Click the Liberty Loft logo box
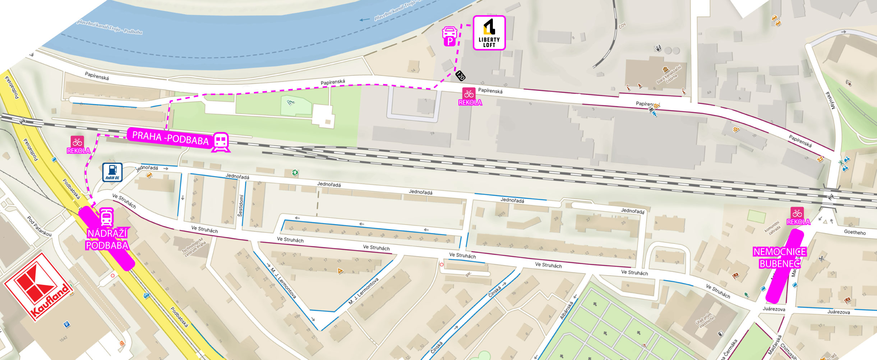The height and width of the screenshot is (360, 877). pos(489,33)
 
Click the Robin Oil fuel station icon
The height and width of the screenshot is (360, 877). pos(112,172)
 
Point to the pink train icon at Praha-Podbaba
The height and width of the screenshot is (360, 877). pos(221,142)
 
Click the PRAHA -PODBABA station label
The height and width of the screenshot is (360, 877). pos(170,138)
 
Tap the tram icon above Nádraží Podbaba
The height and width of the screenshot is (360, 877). pos(106,217)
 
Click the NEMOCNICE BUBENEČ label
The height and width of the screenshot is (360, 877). pos(779,258)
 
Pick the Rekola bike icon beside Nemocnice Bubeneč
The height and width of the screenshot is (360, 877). pos(797,213)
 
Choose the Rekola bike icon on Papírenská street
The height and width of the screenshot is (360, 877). pos(468,94)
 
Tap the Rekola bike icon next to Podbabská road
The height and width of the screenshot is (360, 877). pos(77,142)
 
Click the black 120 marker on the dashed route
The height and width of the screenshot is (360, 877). pos(460,75)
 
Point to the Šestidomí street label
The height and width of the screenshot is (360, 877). pos(241,206)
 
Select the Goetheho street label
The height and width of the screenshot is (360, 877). pos(855,232)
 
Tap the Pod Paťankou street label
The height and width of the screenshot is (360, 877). pos(40,226)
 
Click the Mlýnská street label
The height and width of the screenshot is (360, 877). pos(830,100)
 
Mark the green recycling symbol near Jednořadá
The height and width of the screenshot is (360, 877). pos(295,173)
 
